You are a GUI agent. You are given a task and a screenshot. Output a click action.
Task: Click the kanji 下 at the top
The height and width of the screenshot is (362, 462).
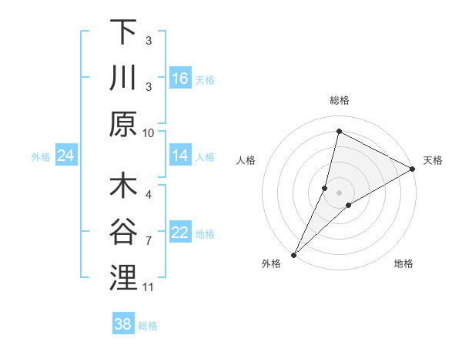123,32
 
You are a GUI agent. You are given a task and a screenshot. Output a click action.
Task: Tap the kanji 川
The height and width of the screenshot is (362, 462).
123,78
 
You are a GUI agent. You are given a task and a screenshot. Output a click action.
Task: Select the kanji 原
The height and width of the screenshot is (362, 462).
123,123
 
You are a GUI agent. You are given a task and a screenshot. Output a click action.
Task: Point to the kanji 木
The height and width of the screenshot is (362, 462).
123,186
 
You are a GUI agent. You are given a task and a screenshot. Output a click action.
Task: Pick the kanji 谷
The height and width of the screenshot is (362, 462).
123,232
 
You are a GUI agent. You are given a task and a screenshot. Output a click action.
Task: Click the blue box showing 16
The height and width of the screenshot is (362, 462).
180,78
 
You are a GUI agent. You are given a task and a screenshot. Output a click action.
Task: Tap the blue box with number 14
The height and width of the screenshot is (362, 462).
180,156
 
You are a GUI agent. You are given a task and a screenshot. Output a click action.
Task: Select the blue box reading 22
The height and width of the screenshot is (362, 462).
180,233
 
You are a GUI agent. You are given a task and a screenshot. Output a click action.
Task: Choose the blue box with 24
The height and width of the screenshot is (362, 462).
66,156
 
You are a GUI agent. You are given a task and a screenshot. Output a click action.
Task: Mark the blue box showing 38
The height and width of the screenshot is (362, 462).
123,324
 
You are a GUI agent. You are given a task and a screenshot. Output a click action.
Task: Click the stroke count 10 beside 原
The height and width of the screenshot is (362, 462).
149,132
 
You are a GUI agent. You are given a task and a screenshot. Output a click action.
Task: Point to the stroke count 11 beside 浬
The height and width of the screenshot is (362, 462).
149,287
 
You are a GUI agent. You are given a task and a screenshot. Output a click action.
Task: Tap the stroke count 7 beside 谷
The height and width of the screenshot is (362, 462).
149,241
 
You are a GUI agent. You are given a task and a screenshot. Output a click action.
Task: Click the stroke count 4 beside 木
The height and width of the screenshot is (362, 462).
149,195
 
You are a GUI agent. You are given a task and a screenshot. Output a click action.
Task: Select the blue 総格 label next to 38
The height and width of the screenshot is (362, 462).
149,326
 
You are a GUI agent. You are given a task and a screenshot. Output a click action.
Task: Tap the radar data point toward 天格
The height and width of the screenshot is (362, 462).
413,169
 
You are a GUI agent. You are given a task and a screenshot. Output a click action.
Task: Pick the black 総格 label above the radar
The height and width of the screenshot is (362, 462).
340,100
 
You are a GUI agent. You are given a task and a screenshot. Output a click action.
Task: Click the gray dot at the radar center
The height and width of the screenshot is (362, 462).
340,193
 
